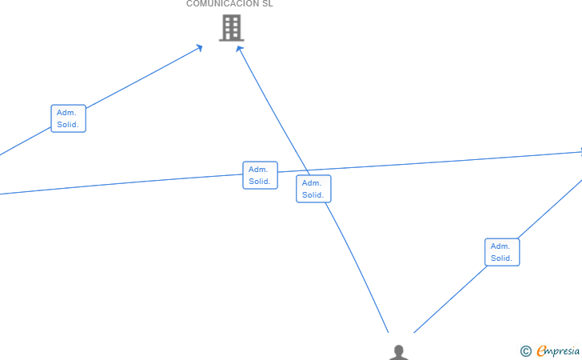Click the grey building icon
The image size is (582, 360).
coord(231,28)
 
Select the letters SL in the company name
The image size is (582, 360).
coord(267,4)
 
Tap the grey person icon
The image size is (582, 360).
coord(399,353)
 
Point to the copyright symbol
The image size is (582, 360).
coord(525,350)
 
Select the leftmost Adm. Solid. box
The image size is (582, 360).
coord(68,118)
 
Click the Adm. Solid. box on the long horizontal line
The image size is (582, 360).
coord(260,175)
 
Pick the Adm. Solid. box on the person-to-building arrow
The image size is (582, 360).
coord(313,189)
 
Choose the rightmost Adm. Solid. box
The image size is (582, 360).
coord(502,252)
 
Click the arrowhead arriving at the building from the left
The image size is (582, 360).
coord(200,48)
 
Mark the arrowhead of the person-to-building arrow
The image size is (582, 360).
coord(239,49)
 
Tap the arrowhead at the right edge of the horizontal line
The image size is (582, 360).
coord(579,151)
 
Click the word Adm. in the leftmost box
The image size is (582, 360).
coord(66,113)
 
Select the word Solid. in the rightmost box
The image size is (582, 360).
coord(502,258)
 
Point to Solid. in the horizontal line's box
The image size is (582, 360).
coord(260,182)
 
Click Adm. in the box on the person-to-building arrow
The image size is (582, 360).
coord(312,183)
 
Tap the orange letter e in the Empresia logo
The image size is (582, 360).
coord(541,350)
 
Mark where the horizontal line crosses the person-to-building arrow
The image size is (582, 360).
coord(307,171)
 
